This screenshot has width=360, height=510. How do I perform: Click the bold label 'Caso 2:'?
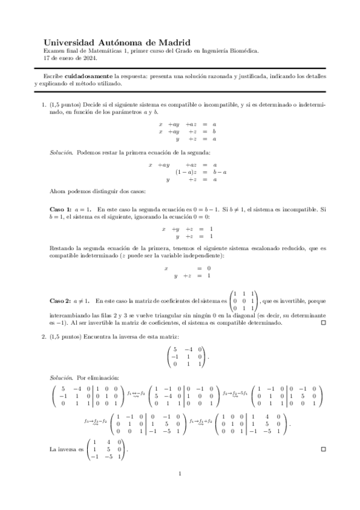(60, 300)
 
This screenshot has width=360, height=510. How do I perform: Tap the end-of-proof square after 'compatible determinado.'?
(323, 323)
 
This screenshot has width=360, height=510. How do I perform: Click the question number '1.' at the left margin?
(44, 105)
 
